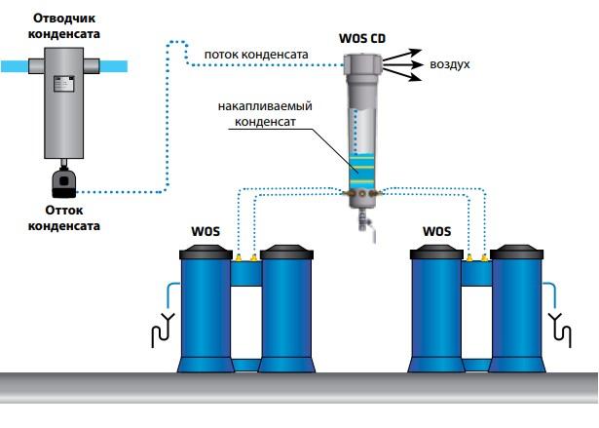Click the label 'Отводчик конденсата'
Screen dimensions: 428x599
[66, 26]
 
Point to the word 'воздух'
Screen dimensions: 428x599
[450, 64]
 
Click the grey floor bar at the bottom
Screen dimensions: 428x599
[299, 387]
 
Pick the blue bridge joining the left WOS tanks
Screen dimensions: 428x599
[246, 274]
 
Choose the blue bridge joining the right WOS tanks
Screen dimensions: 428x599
[475, 274]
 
